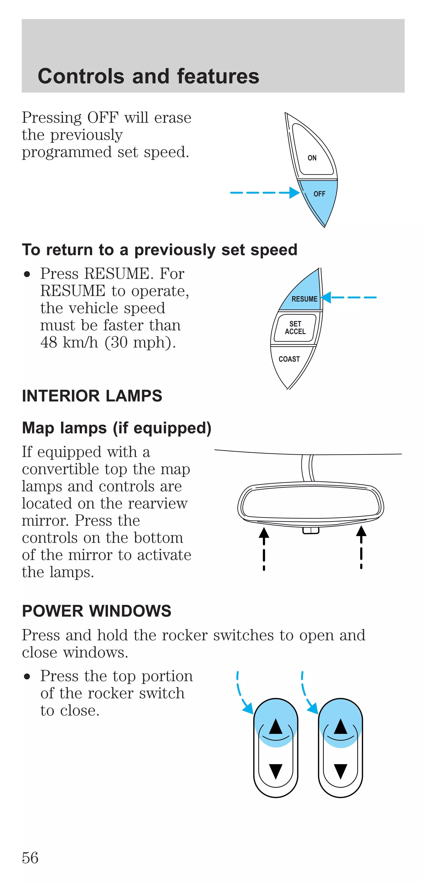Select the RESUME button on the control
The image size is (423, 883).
pyautogui.click(x=304, y=299)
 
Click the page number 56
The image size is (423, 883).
pyautogui.click(x=30, y=858)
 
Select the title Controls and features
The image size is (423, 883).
pyautogui.click(x=148, y=76)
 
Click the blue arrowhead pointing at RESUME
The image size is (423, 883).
pyautogui.click(x=326, y=297)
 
